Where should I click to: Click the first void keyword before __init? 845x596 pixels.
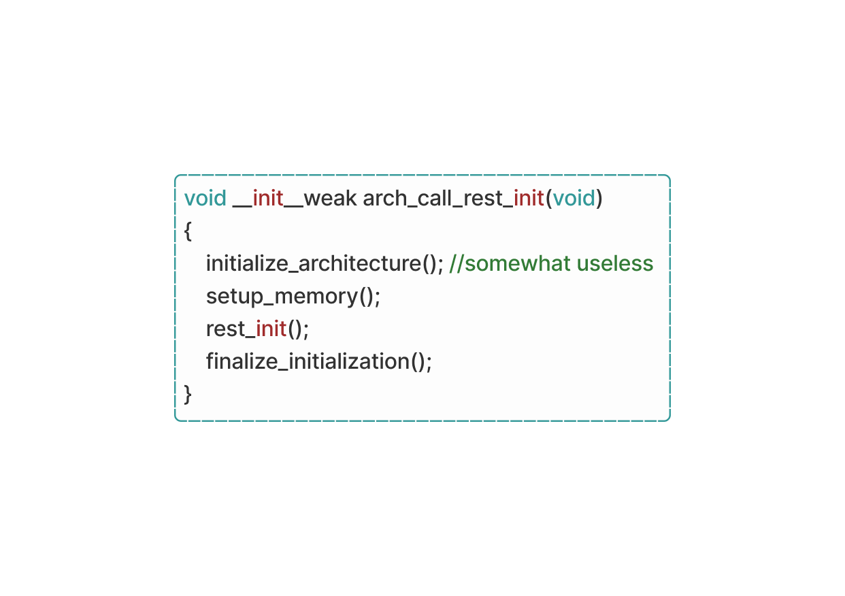[205, 198]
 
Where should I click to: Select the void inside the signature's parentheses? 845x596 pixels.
[574, 198]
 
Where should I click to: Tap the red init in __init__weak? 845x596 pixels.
[267, 198]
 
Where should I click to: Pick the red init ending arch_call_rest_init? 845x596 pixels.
[529, 198]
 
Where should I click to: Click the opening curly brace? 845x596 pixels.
[188, 231]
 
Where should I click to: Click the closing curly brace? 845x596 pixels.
[188, 394]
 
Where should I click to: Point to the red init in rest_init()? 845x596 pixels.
[271, 329]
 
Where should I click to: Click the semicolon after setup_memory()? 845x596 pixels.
[378, 297]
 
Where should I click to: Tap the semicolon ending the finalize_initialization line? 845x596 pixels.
[429, 362]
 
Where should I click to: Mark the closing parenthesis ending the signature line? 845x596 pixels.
[599, 198]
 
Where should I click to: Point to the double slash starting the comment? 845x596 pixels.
[457, 263]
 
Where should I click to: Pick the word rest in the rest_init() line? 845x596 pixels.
[225, 329]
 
